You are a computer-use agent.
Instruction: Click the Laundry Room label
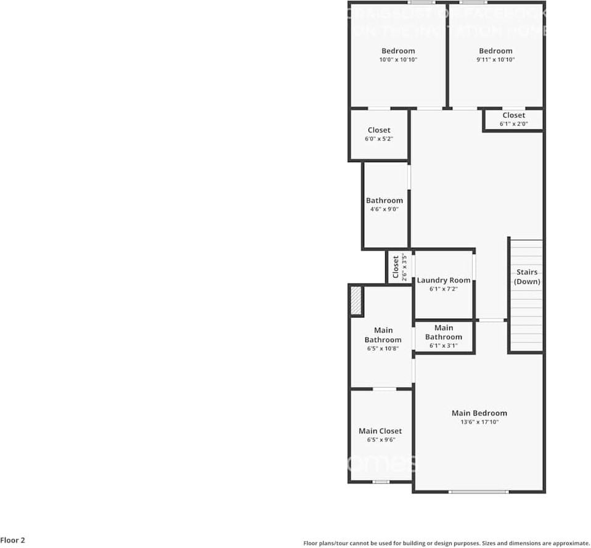point(443,280)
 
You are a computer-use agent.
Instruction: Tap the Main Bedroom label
point(479,413)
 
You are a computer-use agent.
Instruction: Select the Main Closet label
point(380,431)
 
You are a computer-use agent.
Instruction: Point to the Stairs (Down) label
point(527,277)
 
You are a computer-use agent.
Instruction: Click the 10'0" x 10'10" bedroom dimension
point(398,60)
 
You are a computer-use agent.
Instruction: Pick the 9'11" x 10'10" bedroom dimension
point(495,60)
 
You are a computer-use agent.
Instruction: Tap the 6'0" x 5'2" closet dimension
point(379,139)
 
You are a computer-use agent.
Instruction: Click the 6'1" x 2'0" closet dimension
point(513,124)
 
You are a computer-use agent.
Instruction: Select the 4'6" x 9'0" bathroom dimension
point(385,210)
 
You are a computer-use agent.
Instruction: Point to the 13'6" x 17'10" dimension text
point(479,422)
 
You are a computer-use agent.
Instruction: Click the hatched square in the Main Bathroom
point(356,301)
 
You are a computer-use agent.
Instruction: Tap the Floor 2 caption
point(13,541)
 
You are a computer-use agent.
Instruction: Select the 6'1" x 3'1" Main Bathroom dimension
point(443,346)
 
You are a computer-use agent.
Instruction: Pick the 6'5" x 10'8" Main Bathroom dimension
point(383,349)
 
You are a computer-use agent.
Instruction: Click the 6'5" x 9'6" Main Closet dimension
point(381,440)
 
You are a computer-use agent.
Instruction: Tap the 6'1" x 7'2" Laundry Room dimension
point(443,289)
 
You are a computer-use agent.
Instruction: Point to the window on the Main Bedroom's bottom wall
point(478,491)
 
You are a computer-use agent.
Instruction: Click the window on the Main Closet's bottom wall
point(381,481)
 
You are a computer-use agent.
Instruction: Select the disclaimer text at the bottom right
point(446,543)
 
